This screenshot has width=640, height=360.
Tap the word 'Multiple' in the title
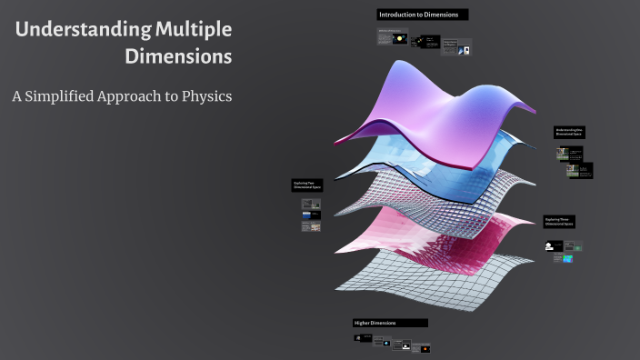click(x=192, y=30)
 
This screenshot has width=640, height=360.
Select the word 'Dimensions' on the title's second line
click(x=177, y=57)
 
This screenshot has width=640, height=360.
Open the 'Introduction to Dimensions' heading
click(x=423, y=15)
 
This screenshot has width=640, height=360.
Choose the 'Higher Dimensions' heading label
click(x=390, y=323)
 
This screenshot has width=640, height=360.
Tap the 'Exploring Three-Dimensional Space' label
click(x=560, y=222)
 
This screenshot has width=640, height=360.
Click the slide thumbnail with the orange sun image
click(x=425, y=349)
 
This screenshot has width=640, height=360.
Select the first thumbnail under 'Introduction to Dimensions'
click(x=391, y=37)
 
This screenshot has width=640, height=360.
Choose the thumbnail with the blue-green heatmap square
click(x=568, y=259)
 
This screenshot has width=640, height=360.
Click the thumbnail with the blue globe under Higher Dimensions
click(x=386, y=344)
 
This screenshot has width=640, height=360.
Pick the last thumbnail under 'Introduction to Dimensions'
click(x=463, y=49)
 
